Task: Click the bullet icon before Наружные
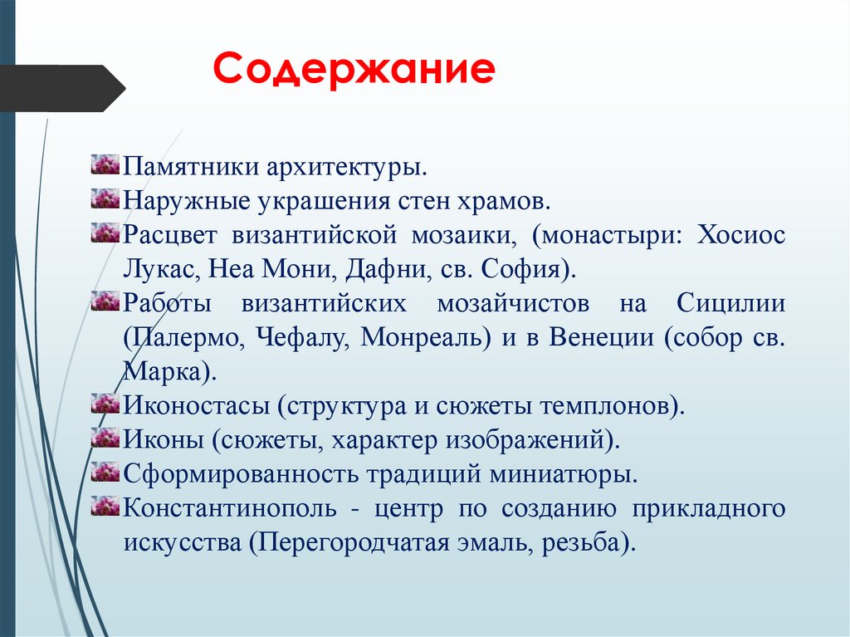pos(105,199)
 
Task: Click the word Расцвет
pos(170,234)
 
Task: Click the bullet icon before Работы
pos(105,302)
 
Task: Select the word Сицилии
pos(730,303)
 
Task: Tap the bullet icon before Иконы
pos(105,438)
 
